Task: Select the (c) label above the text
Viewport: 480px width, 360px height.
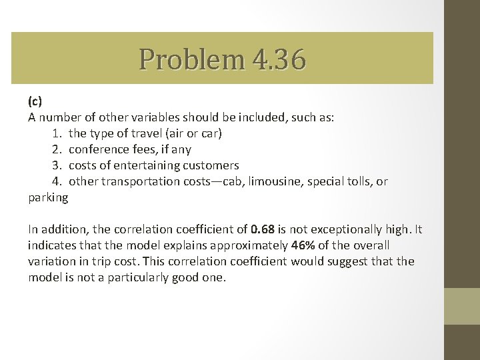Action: coord(35,101)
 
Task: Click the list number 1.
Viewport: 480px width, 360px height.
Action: coord(56,133)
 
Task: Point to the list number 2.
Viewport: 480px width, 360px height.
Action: coord(56,149)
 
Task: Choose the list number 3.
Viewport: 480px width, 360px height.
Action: coord(56,165)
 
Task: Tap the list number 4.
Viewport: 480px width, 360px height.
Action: coord(56,181)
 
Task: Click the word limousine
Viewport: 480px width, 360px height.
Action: coord(275,181)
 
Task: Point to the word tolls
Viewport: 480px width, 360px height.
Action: coord(359,181)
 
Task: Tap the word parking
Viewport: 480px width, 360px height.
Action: coord(48,197)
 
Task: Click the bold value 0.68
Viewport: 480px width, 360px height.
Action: coord(264,230)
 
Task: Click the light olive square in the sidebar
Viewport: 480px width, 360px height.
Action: coord(462,306)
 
